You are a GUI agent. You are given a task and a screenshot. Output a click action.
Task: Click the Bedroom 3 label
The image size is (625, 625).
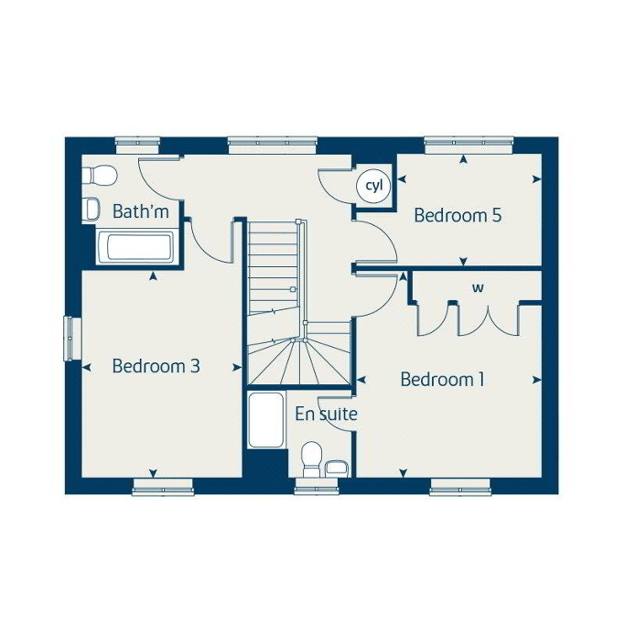(156, 366)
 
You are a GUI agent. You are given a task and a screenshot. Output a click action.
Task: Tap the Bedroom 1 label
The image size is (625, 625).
(443, 379)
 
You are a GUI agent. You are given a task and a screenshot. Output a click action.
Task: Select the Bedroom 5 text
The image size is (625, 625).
(458, 215)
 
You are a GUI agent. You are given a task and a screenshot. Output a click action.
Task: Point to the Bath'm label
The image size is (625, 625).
(141, 211)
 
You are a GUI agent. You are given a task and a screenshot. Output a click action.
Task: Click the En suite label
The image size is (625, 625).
(326, 415)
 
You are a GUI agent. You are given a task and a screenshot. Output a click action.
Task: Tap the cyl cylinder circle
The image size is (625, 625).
(373, 186)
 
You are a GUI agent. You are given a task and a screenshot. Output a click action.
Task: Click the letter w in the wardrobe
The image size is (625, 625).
(478, 287)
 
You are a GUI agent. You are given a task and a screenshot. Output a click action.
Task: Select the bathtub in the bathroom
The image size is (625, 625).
(135, 247)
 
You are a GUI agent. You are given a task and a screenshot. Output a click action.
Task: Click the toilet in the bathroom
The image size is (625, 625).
(99, 176)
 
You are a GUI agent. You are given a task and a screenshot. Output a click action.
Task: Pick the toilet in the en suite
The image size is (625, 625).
(312, 459)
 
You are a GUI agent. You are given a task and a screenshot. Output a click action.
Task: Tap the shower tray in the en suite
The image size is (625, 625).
(266, 420)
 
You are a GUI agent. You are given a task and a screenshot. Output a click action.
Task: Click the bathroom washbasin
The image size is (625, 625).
(91, 210)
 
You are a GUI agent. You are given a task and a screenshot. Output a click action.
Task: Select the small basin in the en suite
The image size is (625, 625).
(338, 469)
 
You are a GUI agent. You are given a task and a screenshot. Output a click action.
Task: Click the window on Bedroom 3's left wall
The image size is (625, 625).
(72, 339)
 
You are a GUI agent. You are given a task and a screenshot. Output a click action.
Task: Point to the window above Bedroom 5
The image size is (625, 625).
(469, 145)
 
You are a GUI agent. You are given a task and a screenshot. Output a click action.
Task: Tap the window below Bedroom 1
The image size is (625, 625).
(460, 487)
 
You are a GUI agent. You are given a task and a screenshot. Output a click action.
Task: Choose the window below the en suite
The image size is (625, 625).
(317, 487)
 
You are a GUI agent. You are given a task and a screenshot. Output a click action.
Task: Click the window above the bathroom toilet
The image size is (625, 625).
(137, 145)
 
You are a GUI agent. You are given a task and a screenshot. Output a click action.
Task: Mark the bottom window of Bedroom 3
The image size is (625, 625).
(163, 487)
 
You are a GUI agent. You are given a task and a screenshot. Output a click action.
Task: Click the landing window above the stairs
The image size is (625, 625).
(273, 145)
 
